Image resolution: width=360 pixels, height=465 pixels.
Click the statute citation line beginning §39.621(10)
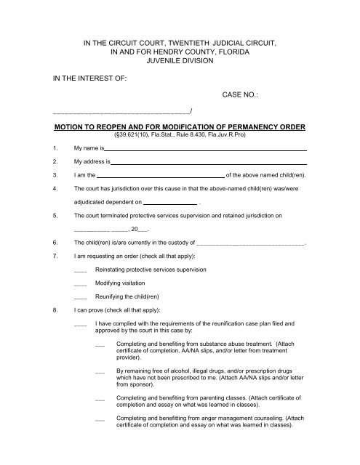click(180, 134)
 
